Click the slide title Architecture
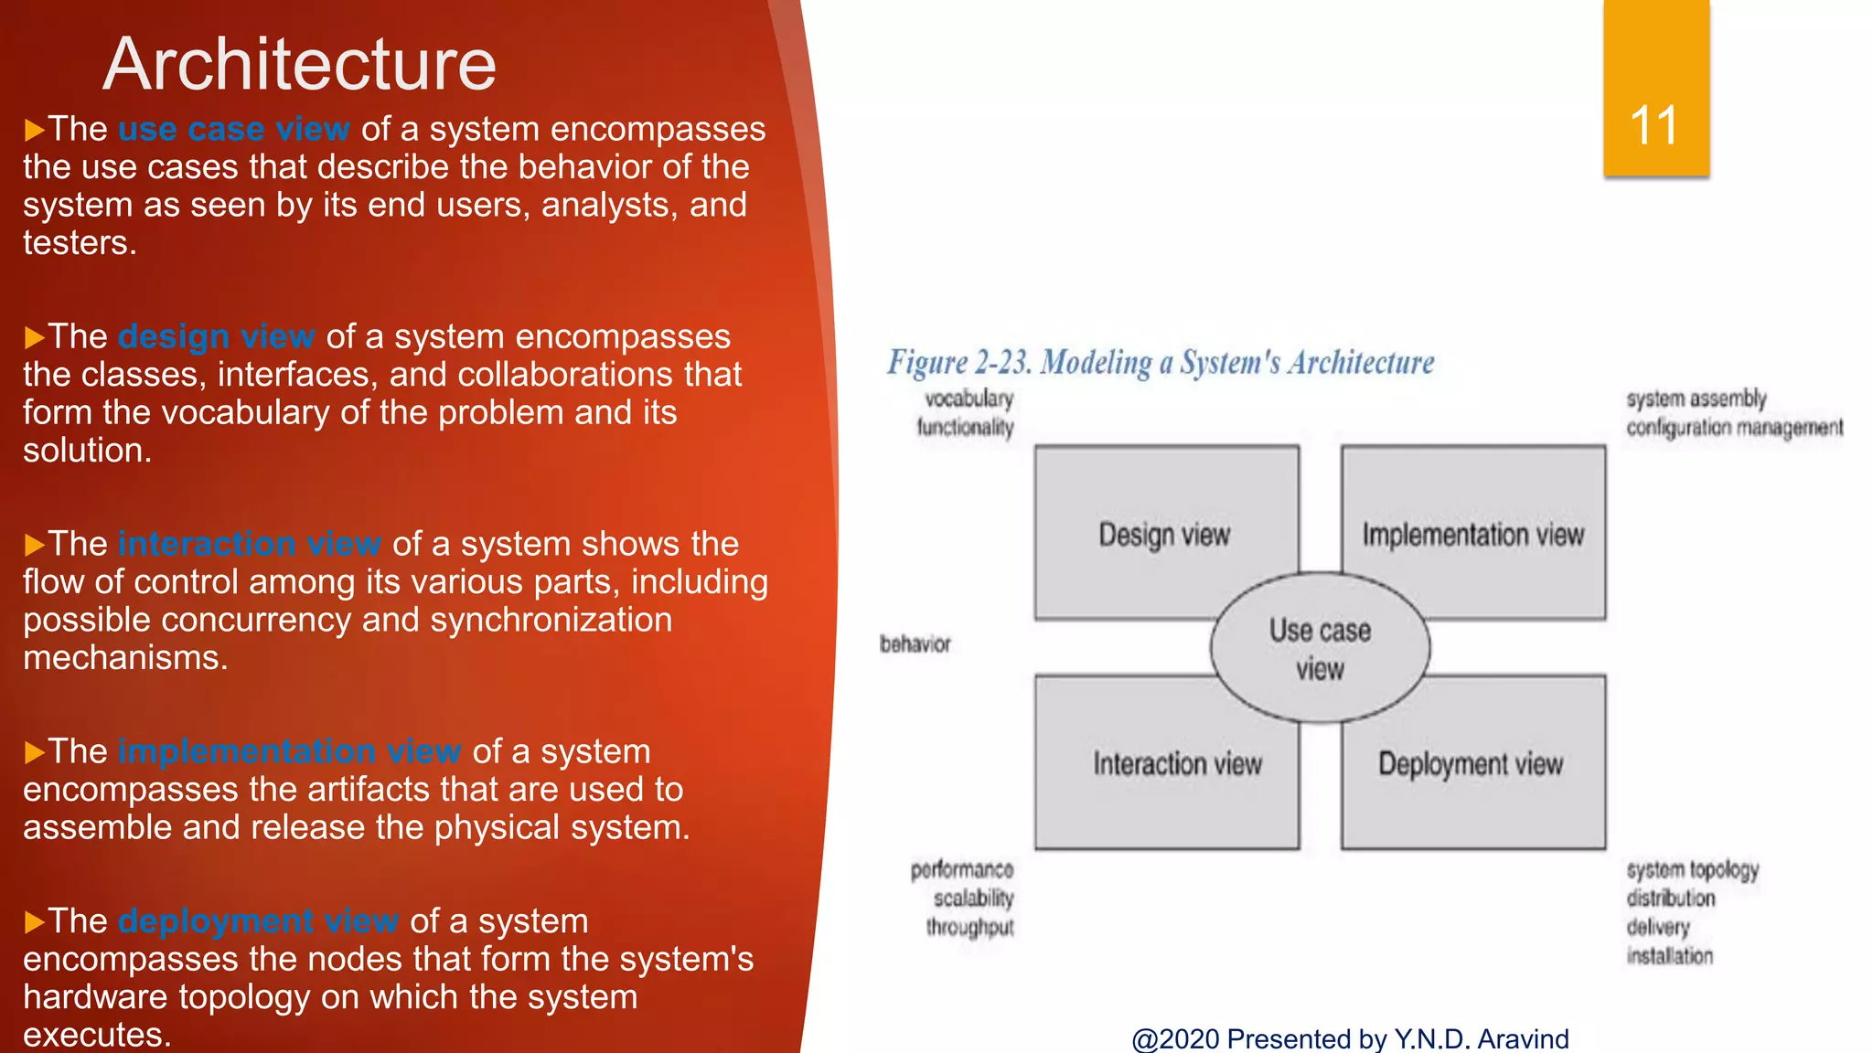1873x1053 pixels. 299,64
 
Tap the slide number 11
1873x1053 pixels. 1654,125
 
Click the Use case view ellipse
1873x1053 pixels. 1320,648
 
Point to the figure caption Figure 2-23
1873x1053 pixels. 1160,363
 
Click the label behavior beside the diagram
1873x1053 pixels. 915,644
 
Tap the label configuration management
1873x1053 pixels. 1734,428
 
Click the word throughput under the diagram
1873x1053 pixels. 969,927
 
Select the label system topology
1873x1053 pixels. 1692,869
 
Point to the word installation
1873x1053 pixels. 1669,956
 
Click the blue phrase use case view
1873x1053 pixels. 234,129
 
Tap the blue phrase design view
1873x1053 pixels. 217,336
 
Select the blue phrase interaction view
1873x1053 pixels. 250,544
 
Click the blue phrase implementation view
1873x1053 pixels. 290,751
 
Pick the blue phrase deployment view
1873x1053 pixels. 259,920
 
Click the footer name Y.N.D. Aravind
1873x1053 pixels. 1481,1038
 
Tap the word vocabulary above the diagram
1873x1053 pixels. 969,399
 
